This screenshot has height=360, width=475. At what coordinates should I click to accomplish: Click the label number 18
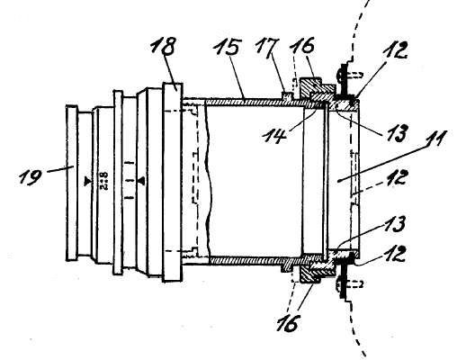(x=164, y=46)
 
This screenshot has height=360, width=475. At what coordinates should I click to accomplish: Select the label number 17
(x=267, y=46)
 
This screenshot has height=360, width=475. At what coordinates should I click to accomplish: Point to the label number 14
(x=274, y=135)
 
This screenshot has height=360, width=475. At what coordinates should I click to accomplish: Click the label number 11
(x=434, y=139)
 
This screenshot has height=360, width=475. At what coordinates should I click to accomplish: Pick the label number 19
(x=30, y=176)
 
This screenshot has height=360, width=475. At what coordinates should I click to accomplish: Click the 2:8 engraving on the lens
(x=103, y=181)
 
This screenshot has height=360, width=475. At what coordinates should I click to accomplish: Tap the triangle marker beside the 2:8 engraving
(x=87, y=181)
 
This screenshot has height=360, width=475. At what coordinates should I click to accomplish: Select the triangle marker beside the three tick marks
(x=141, y=181)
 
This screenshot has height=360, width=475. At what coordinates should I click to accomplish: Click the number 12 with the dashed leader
(x=395, y=177)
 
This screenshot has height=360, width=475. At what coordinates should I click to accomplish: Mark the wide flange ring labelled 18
(x=173, y=183)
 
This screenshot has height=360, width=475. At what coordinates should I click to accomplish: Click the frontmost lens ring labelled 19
(x=72, y=183)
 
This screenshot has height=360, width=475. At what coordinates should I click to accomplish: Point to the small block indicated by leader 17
(x=287, y=94)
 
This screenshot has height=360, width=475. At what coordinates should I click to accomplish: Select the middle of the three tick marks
(x=130, y=181)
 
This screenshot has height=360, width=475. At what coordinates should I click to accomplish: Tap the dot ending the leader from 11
(x=338, y=181)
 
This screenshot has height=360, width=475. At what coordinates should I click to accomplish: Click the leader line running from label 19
(x=60, y=169)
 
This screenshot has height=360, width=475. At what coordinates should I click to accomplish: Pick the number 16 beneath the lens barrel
(x=289, y=323)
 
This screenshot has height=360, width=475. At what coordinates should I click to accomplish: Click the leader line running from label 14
(x=302, y=120)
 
